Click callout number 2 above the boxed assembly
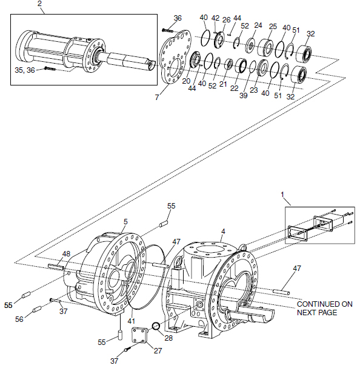pyautogui.click(x=39, y=3)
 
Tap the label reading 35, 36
pyautogui.click(x=25, y=70)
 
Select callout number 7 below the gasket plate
pyautogui.click(x=157, y=97)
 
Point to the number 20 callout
pyautogui.click(x=186, y=81)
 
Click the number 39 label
pyautogui.click(x=244, y=95)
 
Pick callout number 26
pyautogui.click(x=226, y=19)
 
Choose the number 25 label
pyautogui.click(x=273, y=26)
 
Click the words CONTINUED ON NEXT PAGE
pyautogui.click(x=324, y=309)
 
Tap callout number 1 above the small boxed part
pyautogui.click(x=282, y=195)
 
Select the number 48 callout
pyautogui.click(x=66, y=253)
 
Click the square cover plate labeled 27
pyautogui.click(x=139, y=335)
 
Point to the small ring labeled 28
pyautogui.click(x=156, y=326)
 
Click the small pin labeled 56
pyautogui.click(x=37, y=309)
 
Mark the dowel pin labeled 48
pyautogui.click(x=56, y=267)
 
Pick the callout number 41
pyautogui.click(x=132, y=321)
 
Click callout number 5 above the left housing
pyautogui.click(x=125, y=222)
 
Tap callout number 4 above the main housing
pyautogui.click(x=223, y=232)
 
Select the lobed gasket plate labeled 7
pyautogui.click(x=175, y=57)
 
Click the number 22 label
pyautogui.click(x=234, y=89)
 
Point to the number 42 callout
pyautogui.click(x=216, y=18)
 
